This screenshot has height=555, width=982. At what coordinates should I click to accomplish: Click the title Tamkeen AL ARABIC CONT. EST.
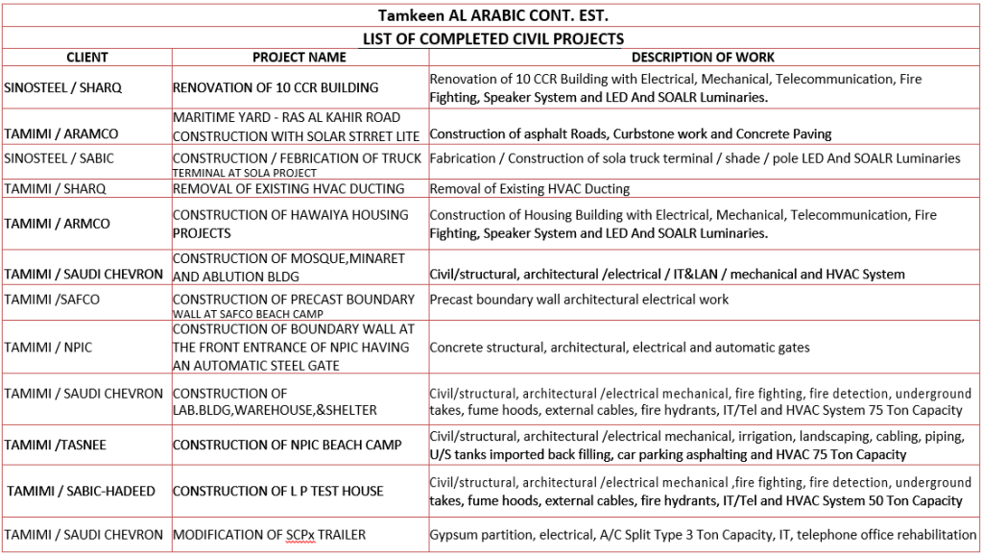[492, 16]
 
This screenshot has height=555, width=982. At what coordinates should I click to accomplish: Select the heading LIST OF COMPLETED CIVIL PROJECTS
[492, 38]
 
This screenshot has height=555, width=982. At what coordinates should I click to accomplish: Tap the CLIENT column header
[86, 58]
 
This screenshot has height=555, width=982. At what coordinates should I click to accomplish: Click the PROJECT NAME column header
[299, 58]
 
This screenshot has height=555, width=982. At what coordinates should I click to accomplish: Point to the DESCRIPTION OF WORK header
[703, 58]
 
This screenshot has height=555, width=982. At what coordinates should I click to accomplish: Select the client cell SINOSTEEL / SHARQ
[62, 87]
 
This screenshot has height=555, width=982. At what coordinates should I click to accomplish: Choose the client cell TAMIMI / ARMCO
[57, 224]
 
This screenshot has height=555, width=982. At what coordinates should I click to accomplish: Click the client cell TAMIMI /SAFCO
[52, 300]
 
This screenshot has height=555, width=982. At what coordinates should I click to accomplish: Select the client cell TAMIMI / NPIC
[48, 347]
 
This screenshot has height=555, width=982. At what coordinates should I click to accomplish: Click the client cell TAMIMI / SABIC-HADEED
[81, 491]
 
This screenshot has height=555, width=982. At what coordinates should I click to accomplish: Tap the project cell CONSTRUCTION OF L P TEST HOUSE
[277, 491]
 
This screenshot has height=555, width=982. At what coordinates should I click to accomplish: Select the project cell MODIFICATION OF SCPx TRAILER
[269, 534]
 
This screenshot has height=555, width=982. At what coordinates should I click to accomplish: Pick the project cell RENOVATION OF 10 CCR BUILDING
[275, 87]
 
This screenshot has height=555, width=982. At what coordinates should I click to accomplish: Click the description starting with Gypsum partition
[703, 534]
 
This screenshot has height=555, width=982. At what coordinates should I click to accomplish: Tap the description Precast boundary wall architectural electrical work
[579, 300]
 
